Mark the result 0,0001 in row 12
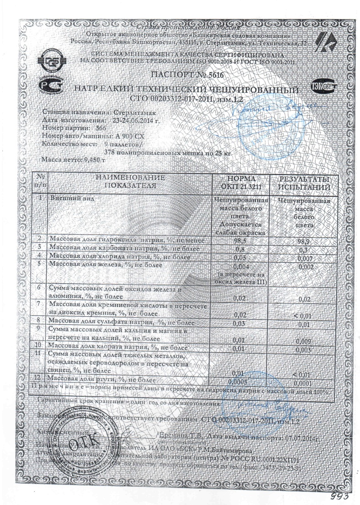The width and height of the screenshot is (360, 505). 303,383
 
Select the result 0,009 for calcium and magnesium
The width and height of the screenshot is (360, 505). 302,341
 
